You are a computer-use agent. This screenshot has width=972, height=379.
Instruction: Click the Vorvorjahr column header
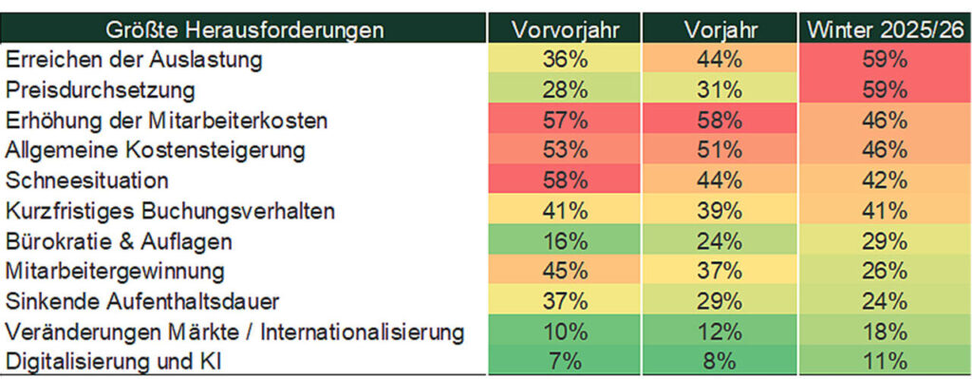pyautogui.click(x=565, y=29)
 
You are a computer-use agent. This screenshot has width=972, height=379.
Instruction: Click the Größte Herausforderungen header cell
pyautogui.click(x=245, y=29)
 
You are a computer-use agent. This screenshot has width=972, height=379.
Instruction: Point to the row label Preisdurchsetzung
pyautogui.click(x=100, y=90)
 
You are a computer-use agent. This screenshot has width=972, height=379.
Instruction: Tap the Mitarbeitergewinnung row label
pyautogui.click(x=116, y=272)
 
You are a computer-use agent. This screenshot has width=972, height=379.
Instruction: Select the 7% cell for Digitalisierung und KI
pyautogui.click(x=565, y=362)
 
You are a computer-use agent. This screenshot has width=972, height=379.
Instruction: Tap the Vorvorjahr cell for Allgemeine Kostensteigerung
pyautogui.click(x=565, y=151)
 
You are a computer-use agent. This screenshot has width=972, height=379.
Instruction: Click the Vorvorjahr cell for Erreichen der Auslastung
pyautogui.click(x=565, y=60)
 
